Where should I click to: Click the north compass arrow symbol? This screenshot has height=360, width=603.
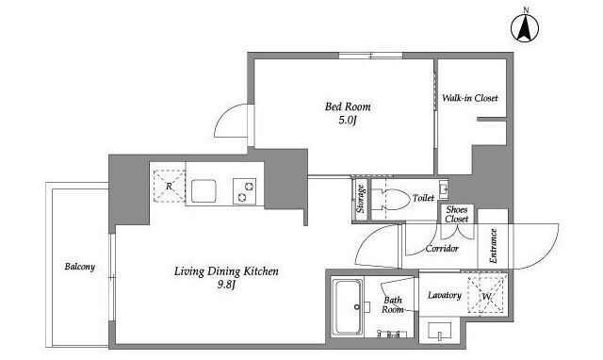pyautogui.click(x=525, y=27)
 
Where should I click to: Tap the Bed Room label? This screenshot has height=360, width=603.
pyautogui.click(x=348, y=106)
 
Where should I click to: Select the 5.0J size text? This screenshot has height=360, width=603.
pyautogui.click(x=348, y=121)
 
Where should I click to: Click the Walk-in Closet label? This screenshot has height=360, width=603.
pyautogui.click(x=469, y=98)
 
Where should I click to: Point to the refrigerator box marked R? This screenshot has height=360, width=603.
pyautogui.click(x=170, y=187)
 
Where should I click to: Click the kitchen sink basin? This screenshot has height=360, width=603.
pyautogui.click(x=204, y=190)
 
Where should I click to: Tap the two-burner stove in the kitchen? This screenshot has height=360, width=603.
pyautogui.click(x=245, y=191)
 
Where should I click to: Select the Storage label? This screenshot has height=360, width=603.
pyautogui.click(x=360, y=199)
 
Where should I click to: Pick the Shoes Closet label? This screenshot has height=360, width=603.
pyautogui.click(x=457, y=214)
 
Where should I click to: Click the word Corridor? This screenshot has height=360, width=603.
pyautogui.click(x=442, y=249)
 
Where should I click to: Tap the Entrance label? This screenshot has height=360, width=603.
pyautogui.click(x=494, y=246)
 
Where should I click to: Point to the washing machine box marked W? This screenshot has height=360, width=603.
pyautogui.click(x=486, y=296)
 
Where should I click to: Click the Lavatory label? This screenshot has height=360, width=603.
pyautogui.click(x=445, y=295)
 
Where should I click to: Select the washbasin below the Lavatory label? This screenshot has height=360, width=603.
pyautogui.click(x=439, y=331)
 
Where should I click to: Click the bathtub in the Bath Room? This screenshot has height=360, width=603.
pyautogui.click(x=348, y=307)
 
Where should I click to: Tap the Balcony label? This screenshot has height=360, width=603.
pyautogui.click(x=80, y=267)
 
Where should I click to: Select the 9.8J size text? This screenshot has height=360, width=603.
pyautogui.click(x=226, y=285)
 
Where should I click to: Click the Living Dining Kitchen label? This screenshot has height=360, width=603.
pyautogui.click(x=226, y=271)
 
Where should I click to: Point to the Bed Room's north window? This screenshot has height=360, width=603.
pyautogui.click(x=370, y=56)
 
